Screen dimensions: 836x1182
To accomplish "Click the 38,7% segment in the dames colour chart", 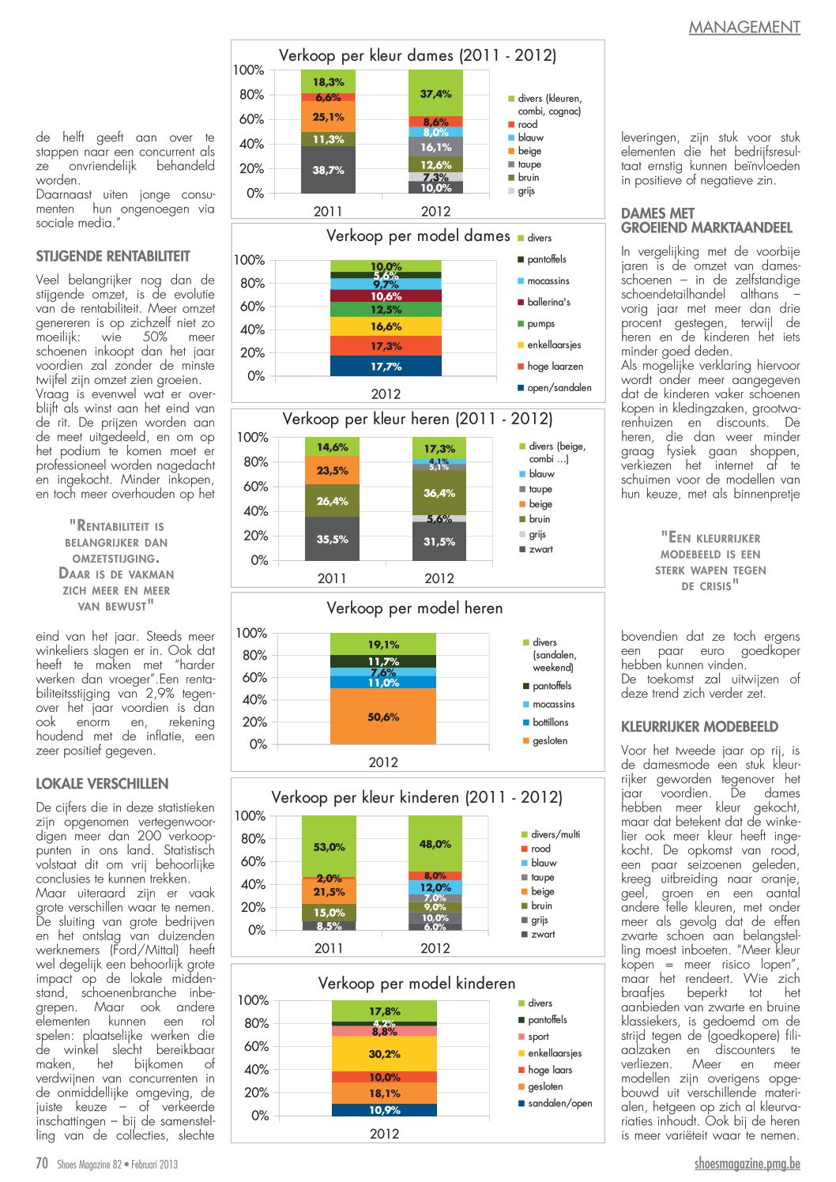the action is click(x=328, y=169).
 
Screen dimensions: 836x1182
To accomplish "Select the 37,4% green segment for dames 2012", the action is click(x=435, y=93).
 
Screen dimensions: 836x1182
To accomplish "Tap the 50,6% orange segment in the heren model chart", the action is click(x=383, y=716).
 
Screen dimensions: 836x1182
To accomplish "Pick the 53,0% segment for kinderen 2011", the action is click(x=329, y=846).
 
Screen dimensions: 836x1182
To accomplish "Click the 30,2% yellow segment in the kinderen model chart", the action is click(x=384, y=1053).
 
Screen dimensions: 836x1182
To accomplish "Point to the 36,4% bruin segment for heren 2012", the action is click(x=439, y=492).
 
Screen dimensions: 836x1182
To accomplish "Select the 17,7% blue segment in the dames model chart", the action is click(x=386, y=366).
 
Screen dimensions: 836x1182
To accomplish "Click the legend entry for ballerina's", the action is click(x=544, y=303).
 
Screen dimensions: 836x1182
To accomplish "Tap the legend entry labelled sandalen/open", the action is click(x=555, y=1103).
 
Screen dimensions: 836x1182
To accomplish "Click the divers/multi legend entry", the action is click(x=551, y=834).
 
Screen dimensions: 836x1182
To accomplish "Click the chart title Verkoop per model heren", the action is click(x=414, y=608).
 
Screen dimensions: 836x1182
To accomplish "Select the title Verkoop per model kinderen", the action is click(x=416, y=984).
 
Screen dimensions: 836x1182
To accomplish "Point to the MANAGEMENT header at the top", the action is click(x=744, y=27).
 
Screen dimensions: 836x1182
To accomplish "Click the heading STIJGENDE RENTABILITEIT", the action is click(x=113, y=257).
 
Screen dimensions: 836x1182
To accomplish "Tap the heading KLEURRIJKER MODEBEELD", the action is click(x=699, y=727).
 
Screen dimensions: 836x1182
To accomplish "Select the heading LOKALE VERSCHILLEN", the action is click(x=103, y=784).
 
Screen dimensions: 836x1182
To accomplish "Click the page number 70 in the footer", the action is click(x=42, y=1163).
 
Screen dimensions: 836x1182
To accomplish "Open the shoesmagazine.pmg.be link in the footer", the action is click(x=748, y=1164).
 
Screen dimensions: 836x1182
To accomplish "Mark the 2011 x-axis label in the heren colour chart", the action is click(x=332, y=578).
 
